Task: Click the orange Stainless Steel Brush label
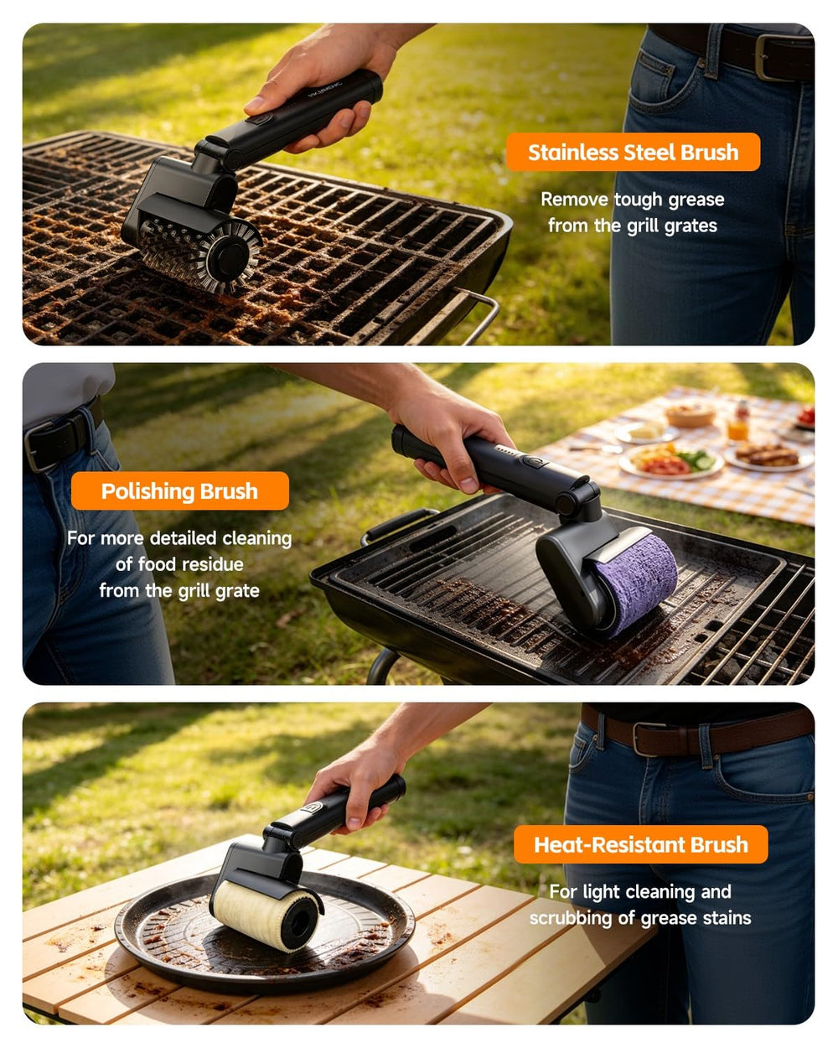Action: click(x=633, y=152)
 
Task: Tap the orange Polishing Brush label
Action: click(x=179, y=491)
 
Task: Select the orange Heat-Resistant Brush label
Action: click(x=640, y=844)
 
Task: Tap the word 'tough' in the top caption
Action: click(x=639, y=200)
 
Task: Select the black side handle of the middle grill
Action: click(x=398, y=525)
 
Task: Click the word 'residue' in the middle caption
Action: click(x=215, y=564)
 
